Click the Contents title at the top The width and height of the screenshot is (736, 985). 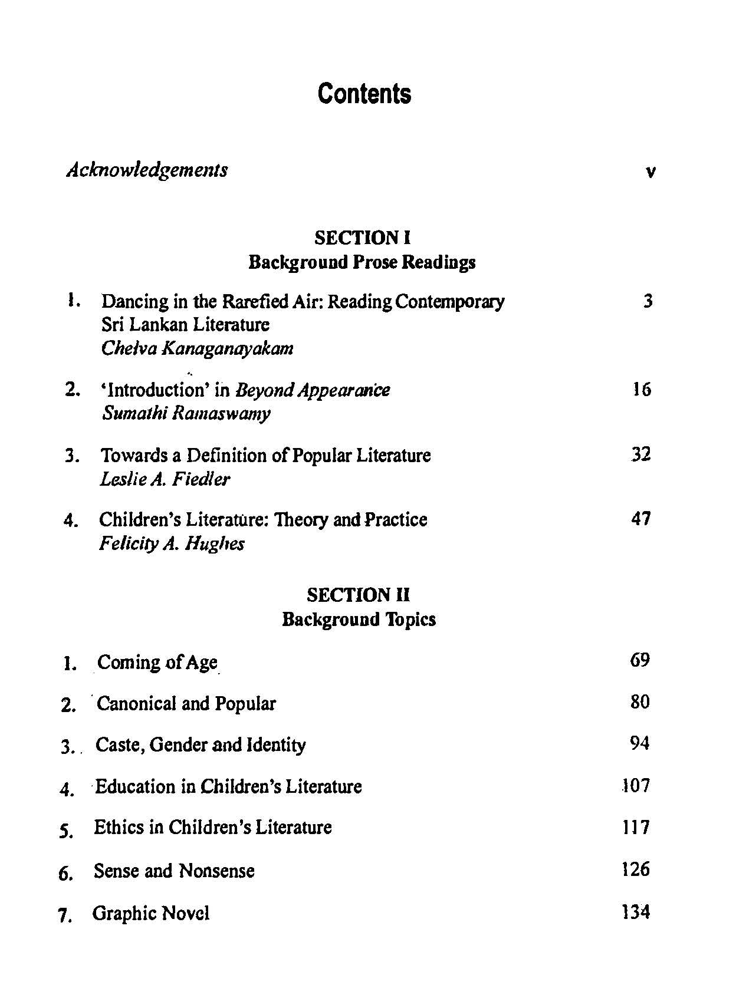(364, 94)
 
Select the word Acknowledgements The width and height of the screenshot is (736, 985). (147, 170)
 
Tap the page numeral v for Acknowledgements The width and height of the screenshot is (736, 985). (650, 173)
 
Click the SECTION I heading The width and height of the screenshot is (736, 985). (362, 238)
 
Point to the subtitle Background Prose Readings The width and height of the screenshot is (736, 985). (362, 262)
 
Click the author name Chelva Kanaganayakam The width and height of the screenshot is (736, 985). (197, 348)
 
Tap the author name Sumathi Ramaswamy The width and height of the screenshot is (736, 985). (186, 413)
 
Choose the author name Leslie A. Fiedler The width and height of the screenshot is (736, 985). (165, 479)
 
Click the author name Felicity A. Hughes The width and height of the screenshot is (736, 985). (172, 543)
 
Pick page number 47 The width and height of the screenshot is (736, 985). (641, 519)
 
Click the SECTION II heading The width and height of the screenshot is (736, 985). (358, 595)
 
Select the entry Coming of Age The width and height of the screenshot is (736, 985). (157, 663)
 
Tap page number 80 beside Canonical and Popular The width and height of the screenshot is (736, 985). (640, 702)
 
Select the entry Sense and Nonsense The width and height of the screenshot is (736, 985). (174, 871)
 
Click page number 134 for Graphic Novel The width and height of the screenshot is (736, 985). (636, 912)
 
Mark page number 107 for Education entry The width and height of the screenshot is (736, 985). (636, 786)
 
